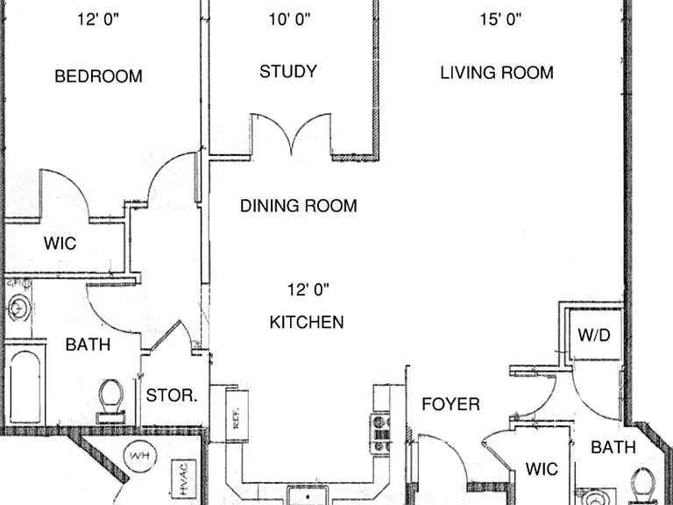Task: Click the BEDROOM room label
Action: click(x=98, y=76)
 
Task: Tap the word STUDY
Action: click(x=288, y=71)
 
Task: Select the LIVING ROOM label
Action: click(x=497, y=73)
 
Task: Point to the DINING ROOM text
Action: click(x=298, y=206)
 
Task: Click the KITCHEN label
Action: click(x=307, y=322)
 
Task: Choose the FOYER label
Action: click(x=450, y=404)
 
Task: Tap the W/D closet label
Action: click(x=594, y=335)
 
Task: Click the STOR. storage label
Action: click(x=172, y=395)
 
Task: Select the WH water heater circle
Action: click(x=140, y=456)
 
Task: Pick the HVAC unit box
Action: click(x=184, y=479)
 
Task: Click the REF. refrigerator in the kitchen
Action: click(x=237, y=416)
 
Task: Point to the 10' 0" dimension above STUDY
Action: click(x=290, y=19)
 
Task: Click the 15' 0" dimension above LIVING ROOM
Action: click(x=500, y=19)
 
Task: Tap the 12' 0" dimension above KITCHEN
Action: click(x=308, y=290)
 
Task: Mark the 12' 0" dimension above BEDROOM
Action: click(x=98, y=19)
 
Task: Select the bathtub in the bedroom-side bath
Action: click(x=25, y=383)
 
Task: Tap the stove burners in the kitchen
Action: click(x=380, y=434)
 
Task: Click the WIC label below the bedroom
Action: click(x=60, y=243)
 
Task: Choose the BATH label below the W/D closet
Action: click(x=613, y=447)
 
